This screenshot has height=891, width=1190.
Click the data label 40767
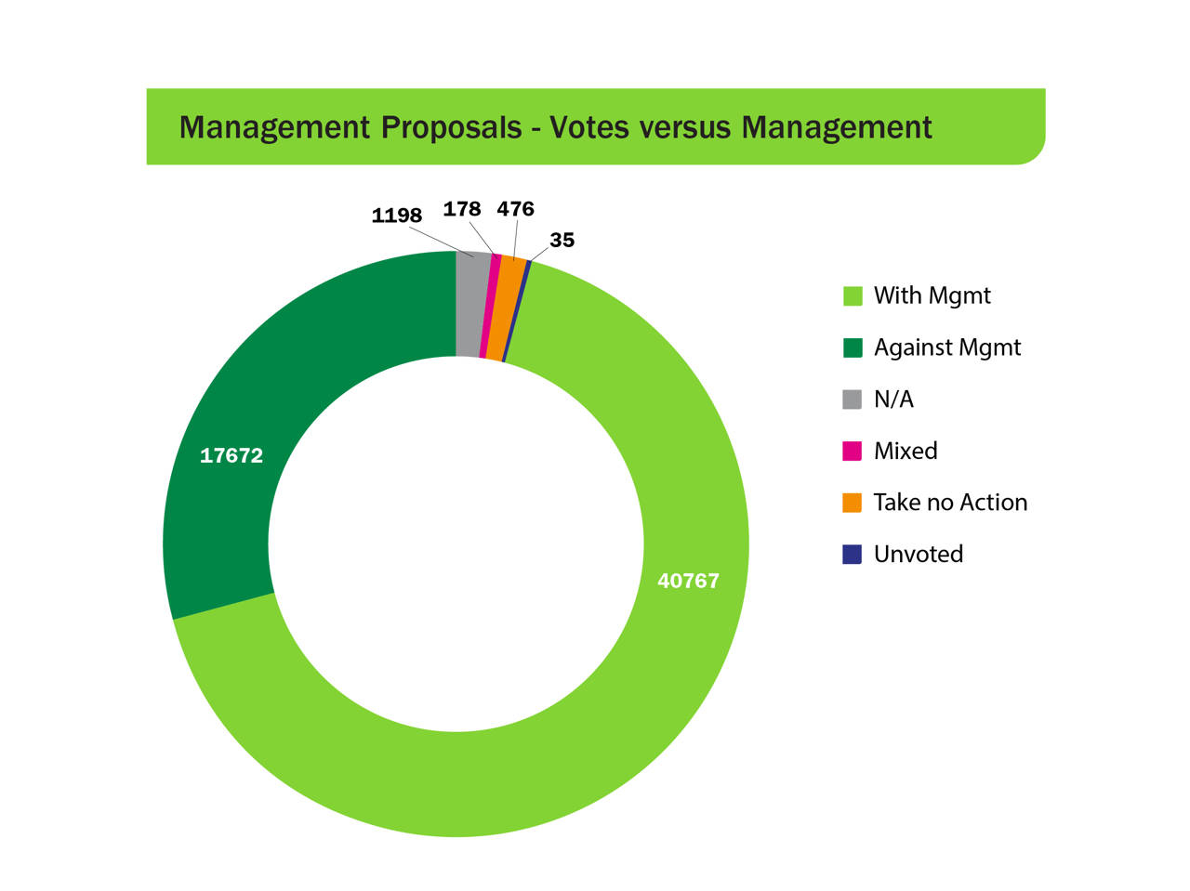tap(688, 581)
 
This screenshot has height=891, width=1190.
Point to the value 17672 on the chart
tap(231, 455)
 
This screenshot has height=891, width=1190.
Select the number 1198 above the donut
tap(396, 216)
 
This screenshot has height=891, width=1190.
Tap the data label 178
tap(461, 209)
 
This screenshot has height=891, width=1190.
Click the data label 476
tap(515, 209)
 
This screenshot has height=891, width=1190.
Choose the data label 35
tap(562, 240)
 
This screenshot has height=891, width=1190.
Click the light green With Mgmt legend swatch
tap(852, 295)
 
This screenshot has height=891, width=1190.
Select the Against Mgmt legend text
tap(946, 347)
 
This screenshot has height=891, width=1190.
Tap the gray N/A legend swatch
tap(852, 400)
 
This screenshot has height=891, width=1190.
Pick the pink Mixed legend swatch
tap(852, 452)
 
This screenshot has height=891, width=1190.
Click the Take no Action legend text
tap(950, 503)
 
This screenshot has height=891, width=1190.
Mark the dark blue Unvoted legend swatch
tap(852, 555)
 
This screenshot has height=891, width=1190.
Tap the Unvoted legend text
tap(918, 555)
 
